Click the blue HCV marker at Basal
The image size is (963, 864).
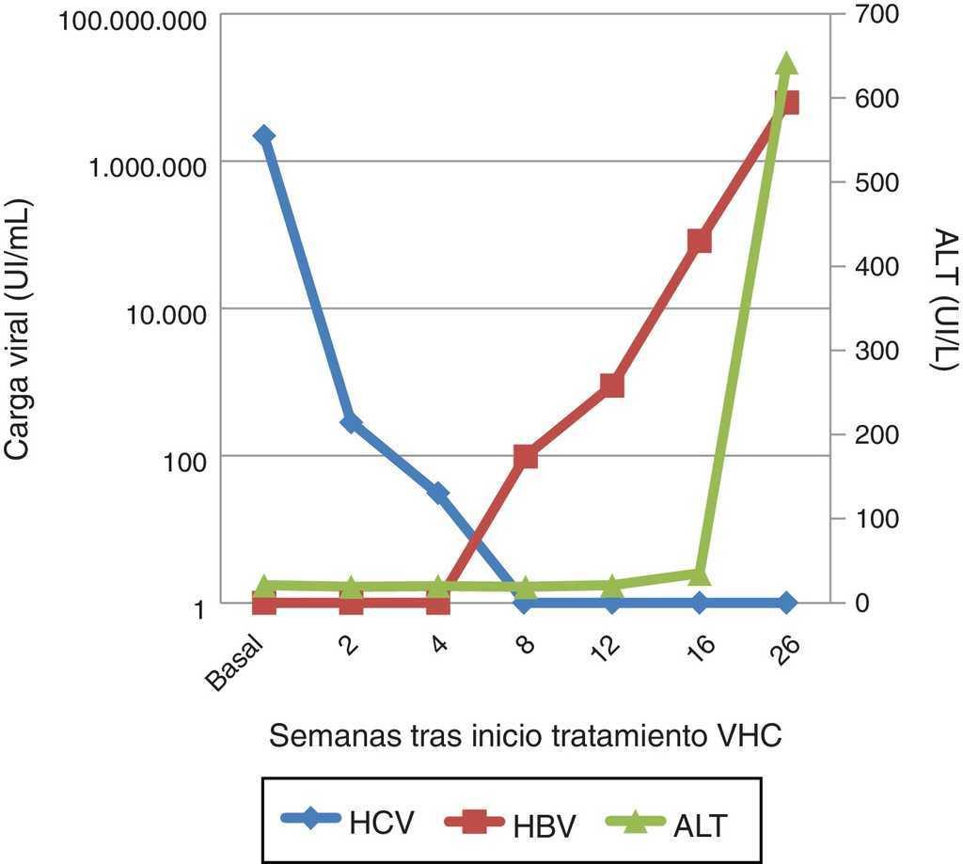(264, 136)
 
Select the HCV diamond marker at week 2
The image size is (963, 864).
(351, 422)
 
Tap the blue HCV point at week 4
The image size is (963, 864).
(438, 493)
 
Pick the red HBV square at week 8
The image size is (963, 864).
(526, 457)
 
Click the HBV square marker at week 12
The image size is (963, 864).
(612, 385)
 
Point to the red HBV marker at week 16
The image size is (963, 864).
(699, 242)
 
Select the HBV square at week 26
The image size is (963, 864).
(786, 102)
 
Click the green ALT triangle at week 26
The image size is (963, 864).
(786, 64)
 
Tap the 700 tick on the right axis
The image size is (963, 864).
(876, 14)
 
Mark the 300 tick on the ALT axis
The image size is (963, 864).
(876, 351)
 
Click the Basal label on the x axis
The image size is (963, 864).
(232, 664)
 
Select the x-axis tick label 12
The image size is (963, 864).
(608, 650)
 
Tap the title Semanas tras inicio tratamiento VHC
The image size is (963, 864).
(526, 735)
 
